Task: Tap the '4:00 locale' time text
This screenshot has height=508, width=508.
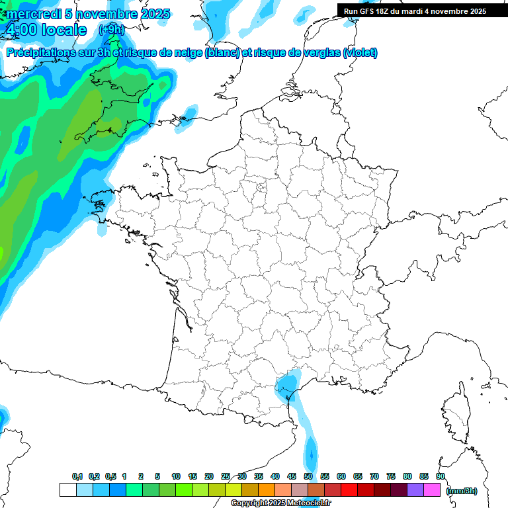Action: [45, 30]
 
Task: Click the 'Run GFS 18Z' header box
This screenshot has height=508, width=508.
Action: [415, 11]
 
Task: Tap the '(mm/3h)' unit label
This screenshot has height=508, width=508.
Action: [462, 490]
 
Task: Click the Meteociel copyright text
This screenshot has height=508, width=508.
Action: [281, 503]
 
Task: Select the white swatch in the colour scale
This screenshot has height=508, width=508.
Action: [67, 489]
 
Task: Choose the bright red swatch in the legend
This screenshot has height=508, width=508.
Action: [349, 489]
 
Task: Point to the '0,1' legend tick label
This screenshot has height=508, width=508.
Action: [77, 476]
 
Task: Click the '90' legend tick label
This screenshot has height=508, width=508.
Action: [441, 476]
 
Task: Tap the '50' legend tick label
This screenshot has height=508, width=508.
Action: [308, 476]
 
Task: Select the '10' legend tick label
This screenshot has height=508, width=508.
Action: [176, 476]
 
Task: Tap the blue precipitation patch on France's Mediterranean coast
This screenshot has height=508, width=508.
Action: [287, 385]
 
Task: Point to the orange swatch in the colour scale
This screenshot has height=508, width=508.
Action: [267, 489]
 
